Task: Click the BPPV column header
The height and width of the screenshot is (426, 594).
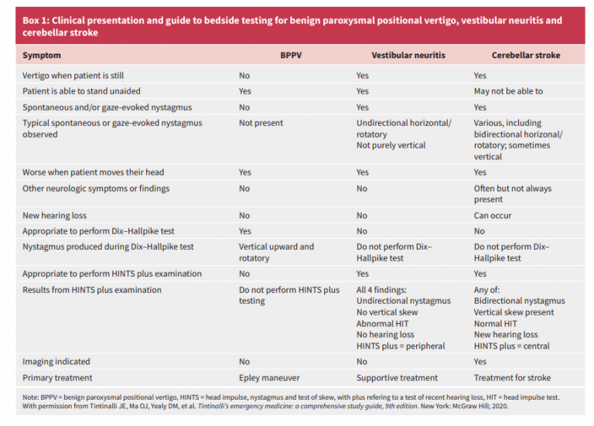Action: (291, 56)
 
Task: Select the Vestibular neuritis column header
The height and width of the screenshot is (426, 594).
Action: (408, 56)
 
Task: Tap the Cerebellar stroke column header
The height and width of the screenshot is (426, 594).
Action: (526, 56)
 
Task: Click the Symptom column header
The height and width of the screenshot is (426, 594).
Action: (42, 56)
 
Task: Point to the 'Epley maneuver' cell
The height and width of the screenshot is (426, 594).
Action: (269, 378)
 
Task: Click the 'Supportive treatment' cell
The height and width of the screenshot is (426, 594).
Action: (397, 378)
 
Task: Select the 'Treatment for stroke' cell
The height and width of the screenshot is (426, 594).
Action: (512, 378)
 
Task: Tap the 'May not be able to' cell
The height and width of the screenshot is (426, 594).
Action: (508, 91)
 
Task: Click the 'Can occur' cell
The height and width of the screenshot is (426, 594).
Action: (493, 216)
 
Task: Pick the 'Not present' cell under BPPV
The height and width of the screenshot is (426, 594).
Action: (261, 123)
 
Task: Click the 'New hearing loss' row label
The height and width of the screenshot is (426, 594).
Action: (54, 216)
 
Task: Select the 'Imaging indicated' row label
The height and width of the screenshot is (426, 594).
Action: (56, 362)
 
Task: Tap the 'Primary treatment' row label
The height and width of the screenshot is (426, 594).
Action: (57, 378)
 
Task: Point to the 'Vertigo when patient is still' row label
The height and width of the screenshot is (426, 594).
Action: (73, 76)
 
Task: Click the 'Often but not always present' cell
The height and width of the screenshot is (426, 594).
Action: (513, 194)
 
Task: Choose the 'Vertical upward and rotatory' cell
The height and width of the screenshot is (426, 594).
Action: (276, 253)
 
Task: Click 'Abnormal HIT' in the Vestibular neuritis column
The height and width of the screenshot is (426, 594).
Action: (382, 324)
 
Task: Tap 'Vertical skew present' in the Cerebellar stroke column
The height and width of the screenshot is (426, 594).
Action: (514, 312)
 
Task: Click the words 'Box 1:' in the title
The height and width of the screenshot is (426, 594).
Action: (36, 20)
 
